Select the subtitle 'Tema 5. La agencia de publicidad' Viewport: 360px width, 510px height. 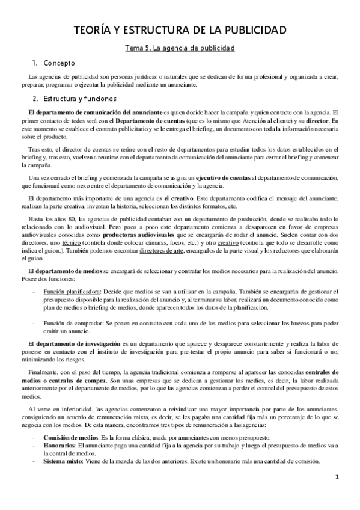coord(180,47)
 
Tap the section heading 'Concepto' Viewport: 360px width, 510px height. coord(58,62)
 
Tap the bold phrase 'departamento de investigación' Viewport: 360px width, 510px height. coord(78,343)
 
